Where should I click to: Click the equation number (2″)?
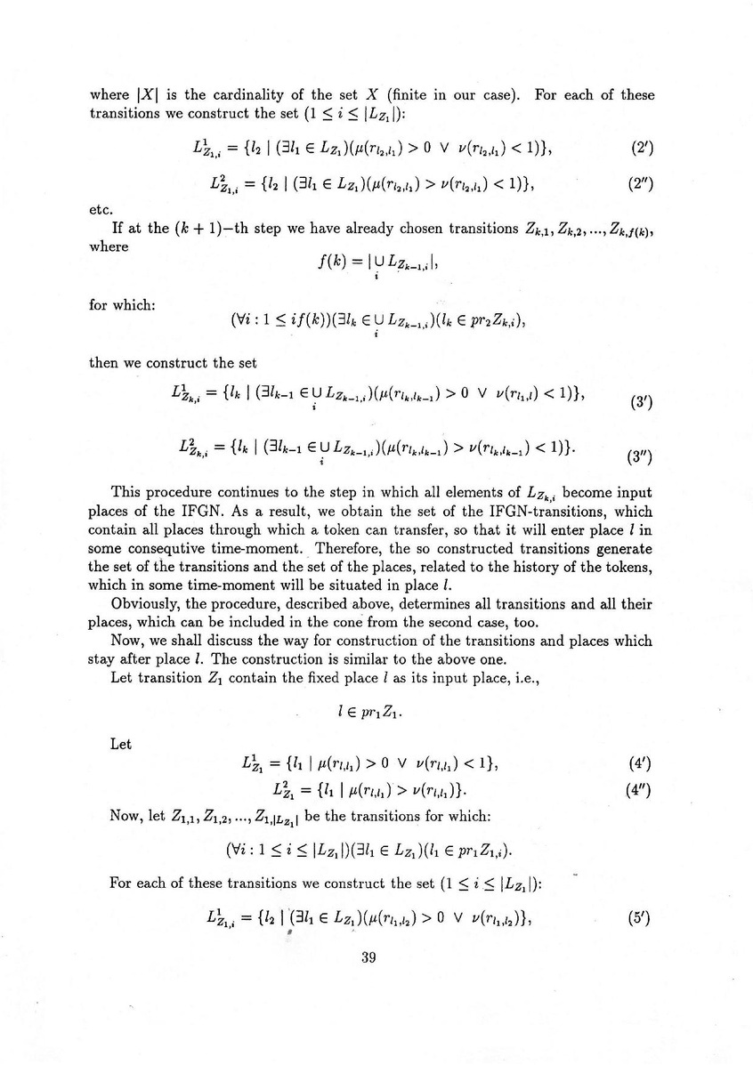point(640,184)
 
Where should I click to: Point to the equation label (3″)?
point(640,459)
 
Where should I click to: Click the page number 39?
point(371,957)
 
